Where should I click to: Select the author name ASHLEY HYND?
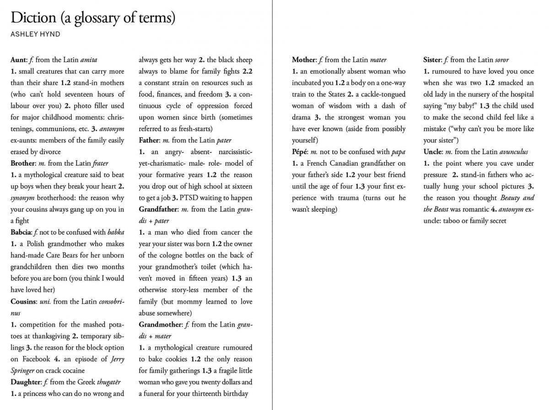coord(35,34)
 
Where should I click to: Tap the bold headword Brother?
coord(23,163)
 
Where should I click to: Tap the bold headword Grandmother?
coord(161,324)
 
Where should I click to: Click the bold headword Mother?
coord(304,60)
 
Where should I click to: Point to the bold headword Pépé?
coord(300,152)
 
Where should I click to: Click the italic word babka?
coord(115,232)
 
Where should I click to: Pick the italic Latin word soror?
coord(501,60)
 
